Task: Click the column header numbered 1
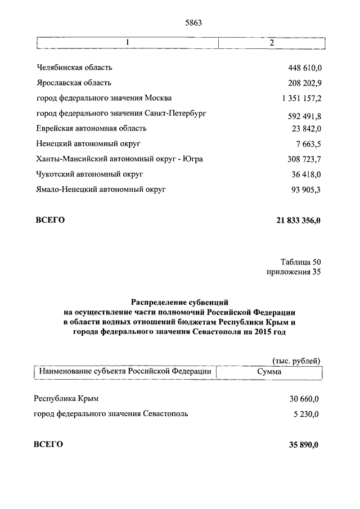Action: coord(128,43)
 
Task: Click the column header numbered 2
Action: coord(272,43)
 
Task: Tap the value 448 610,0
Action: coord(304,68)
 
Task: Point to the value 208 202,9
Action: coord(304,83)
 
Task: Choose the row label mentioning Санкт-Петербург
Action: coord(120,114)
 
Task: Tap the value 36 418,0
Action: coord(305,174)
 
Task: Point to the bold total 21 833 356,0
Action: coord(298,220)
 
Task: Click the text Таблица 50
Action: coord(300,262)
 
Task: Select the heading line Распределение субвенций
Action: coord(180,302)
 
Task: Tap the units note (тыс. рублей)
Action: coord(296,361)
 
